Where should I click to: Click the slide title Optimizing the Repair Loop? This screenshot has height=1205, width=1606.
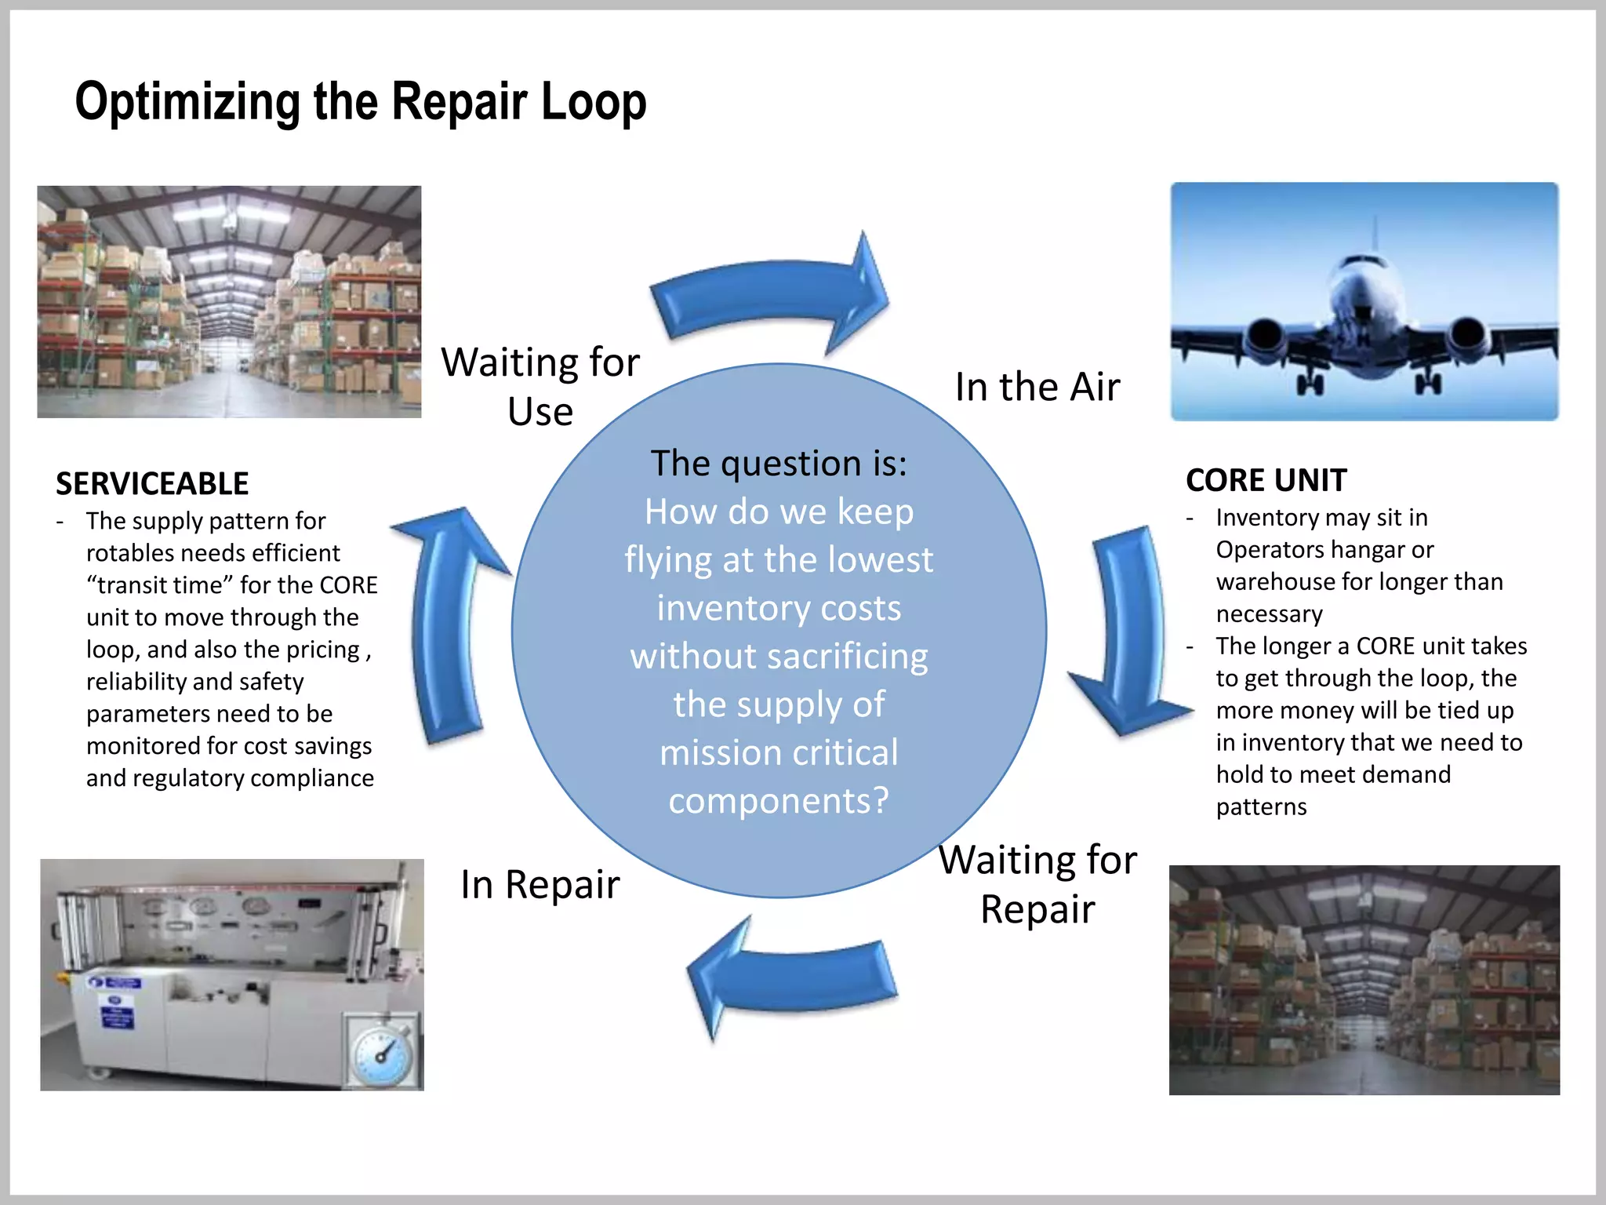pos(361,102)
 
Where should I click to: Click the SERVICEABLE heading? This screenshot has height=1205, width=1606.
pos(152,483)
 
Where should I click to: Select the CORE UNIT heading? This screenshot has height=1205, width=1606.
pos(1266,480)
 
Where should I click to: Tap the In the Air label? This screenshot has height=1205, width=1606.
pos(1037,387)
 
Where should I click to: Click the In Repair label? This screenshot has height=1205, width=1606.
pos(540,884)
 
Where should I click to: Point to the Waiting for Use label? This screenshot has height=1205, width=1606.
pos(540,386)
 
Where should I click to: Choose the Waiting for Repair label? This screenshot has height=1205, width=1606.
pos(1037,884)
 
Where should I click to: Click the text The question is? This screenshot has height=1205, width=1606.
pos(779,463)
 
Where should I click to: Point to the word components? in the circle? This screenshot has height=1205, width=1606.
pos(779,801)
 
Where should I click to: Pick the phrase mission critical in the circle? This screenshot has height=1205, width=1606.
pos(779,753)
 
